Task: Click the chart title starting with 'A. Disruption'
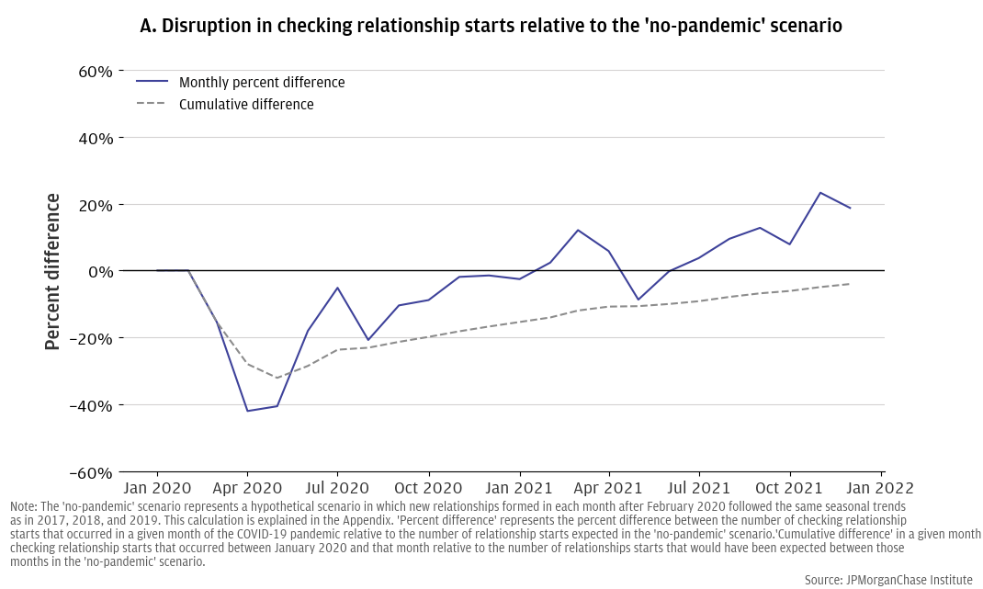pyautogui.click(x=491, y=26)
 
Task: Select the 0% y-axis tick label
pyautogui.click(x=97, y=272)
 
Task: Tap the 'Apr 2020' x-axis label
pyautogui.click(x=247, y=488)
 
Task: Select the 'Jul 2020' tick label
pyautogui.click(x=337, y=488)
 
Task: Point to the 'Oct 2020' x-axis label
pyautogui.click(x=428, y=488)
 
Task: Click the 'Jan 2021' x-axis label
pyautogui.click(x=519, y=488)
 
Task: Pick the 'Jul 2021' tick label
pyautogui.click(x=700, y=488)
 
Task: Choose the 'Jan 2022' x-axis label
pyautogui.click(x=882, y=488)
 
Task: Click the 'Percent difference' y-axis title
pyautogui.click(x=53, y=271)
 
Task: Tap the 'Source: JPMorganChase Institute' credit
pyautogui.click(x=888, y=580)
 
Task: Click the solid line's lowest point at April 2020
pyautogui.click(x=247, y=411)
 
